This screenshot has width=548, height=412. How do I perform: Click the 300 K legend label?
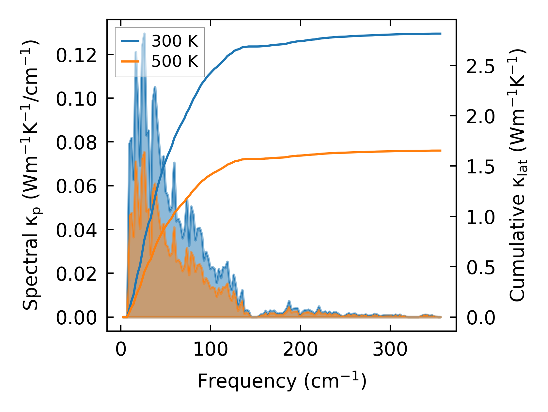point(175,41)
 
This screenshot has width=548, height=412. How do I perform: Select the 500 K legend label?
point(175,61)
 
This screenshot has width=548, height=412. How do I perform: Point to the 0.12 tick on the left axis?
point(76,55)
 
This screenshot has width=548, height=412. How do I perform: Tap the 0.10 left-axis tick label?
point(76,99)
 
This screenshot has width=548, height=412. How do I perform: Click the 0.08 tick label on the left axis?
point(76,143)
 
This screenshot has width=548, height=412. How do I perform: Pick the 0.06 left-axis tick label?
point(76,186)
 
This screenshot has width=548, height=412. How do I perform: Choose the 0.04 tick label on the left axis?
point(76,230)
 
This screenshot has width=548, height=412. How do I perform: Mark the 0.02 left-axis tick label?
point(76,274)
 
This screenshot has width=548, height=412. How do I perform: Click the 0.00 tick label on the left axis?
point(76,318)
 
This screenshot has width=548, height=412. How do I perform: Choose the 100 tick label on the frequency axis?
point(211,350)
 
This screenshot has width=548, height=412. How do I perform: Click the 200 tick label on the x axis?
point(300,350)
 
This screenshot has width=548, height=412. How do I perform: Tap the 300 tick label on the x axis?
point(390,350)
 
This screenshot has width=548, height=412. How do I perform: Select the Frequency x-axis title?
point(282,381)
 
